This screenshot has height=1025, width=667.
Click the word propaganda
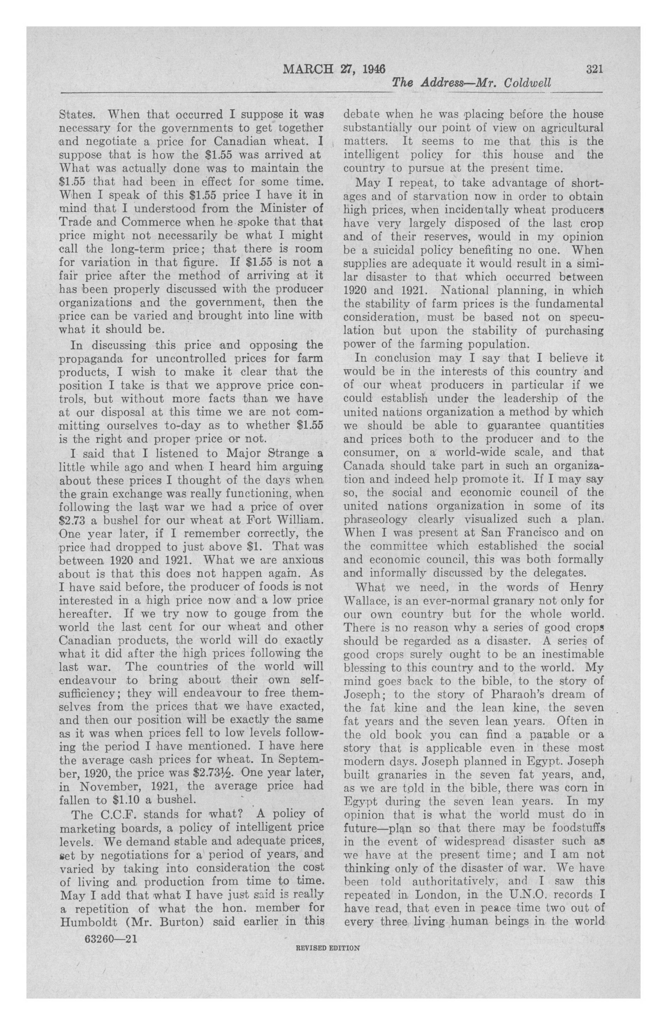[x=91, y=359]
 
